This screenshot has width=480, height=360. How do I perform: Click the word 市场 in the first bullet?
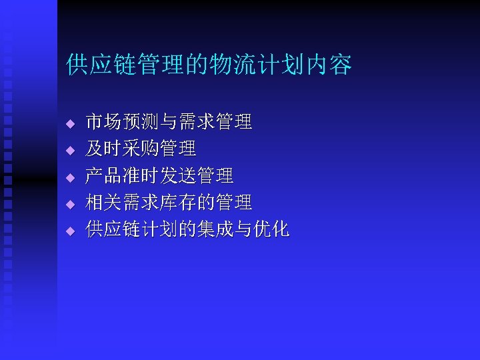click(104, 122)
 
